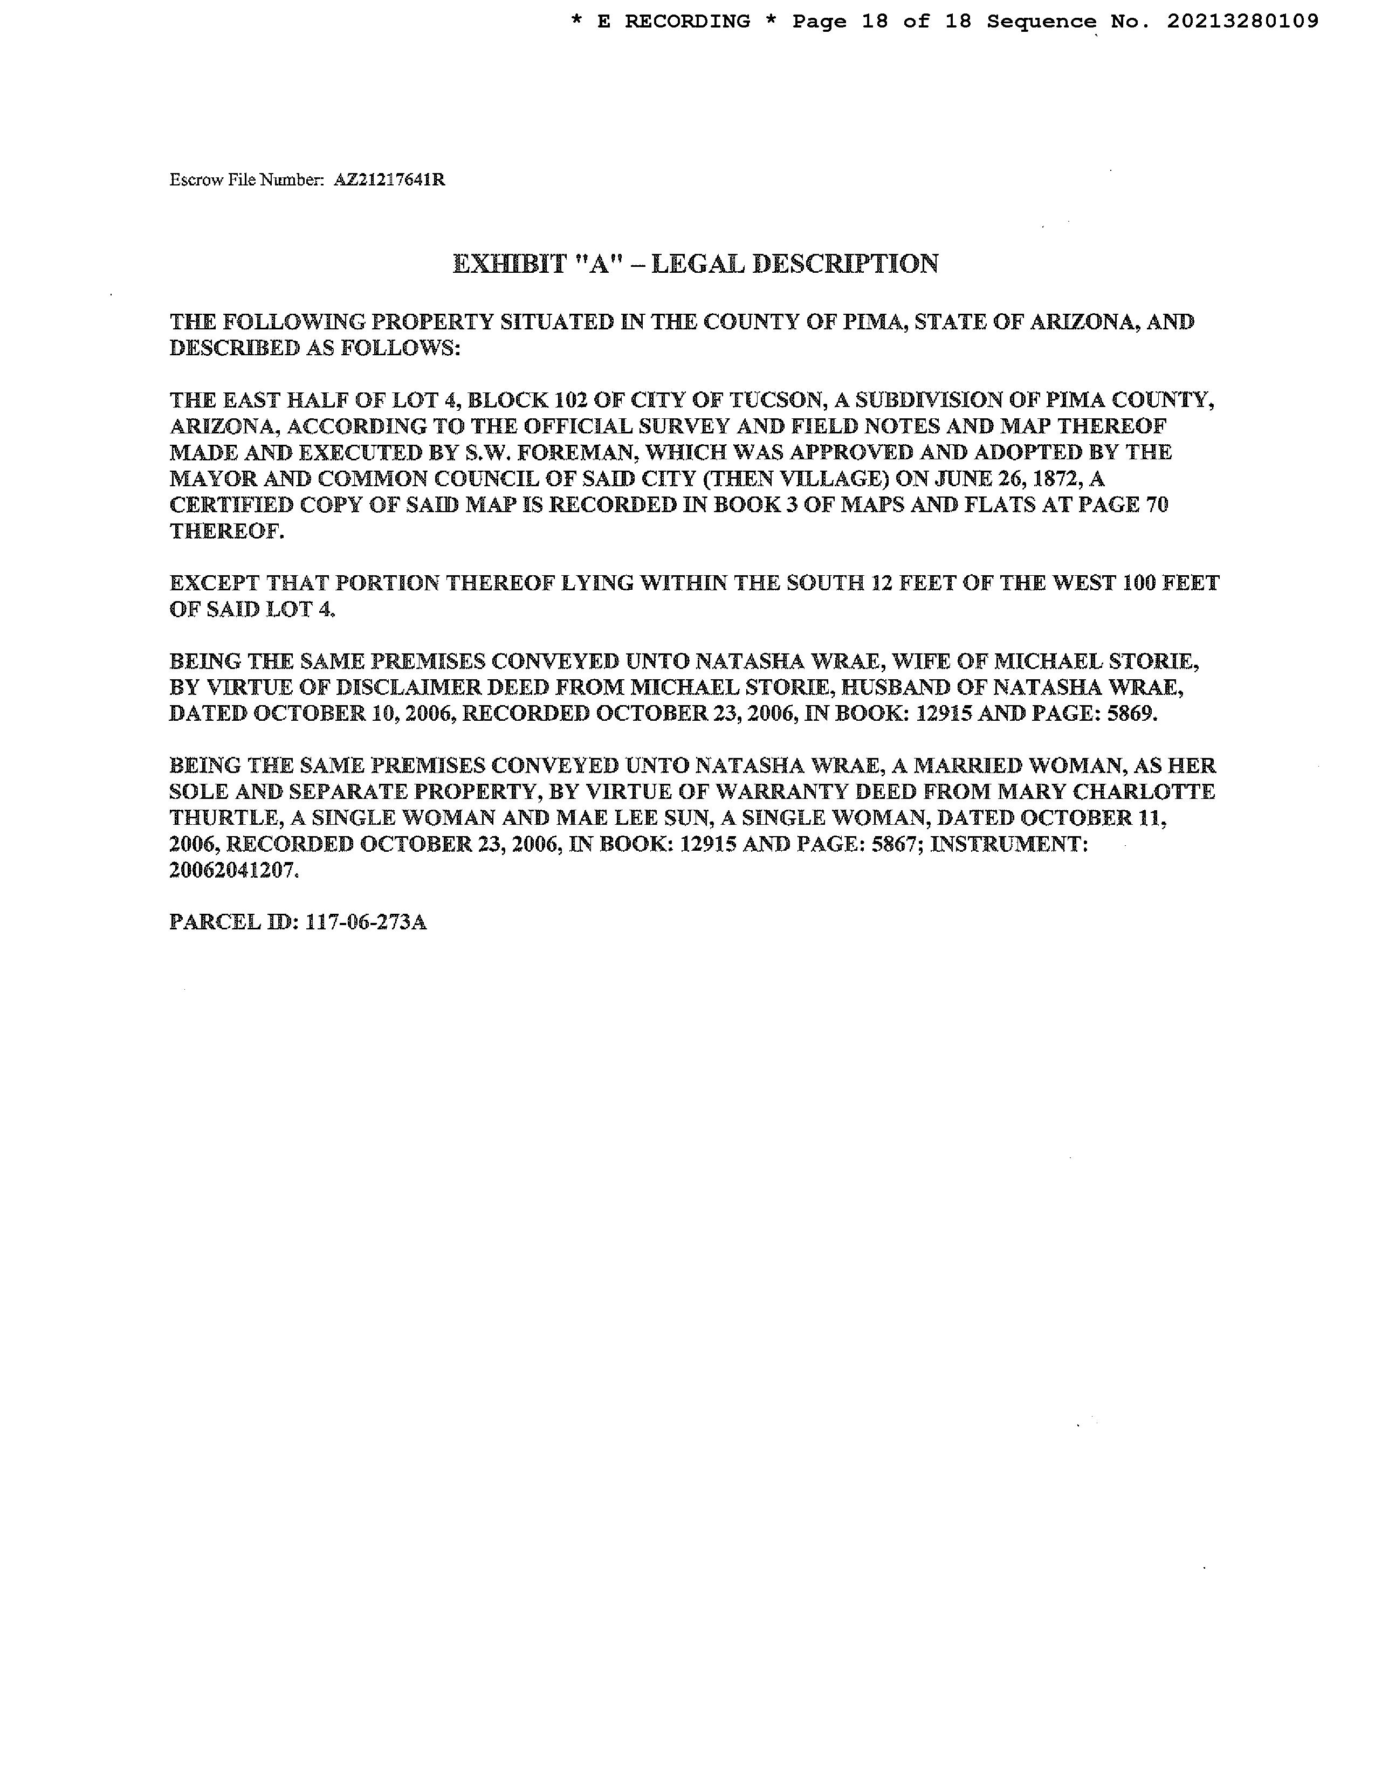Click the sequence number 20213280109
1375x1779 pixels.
(x=1242, y=22)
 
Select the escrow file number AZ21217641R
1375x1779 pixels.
(x=389, y=180)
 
